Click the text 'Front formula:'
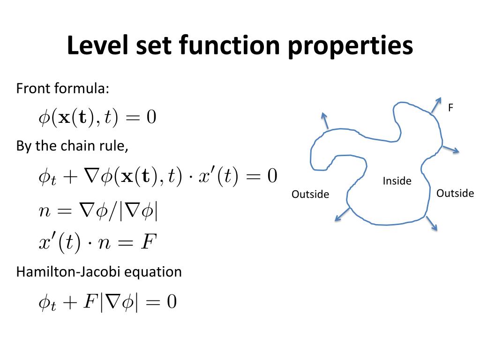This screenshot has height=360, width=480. point(63,88)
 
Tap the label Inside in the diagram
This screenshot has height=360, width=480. point(397,181)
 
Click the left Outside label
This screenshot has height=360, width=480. point(310,194)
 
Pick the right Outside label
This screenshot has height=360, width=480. point(455,193)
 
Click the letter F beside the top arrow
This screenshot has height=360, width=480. point(450,108)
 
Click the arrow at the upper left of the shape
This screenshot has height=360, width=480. point(324,121)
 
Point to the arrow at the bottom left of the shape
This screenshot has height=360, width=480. point(342,213)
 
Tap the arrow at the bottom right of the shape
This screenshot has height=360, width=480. point(432,223)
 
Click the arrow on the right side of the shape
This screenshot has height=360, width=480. point(450,150)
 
